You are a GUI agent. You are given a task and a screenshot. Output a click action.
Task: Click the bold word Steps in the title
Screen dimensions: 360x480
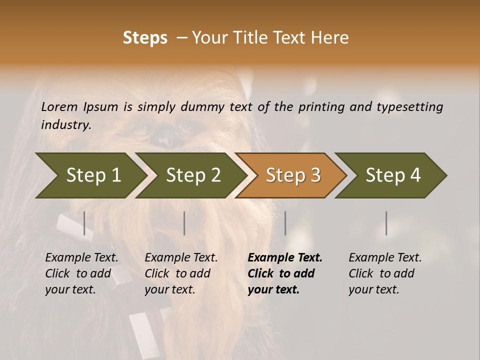click(x=145, y=38)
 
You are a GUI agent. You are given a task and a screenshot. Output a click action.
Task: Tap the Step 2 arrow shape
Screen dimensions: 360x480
click(x=190, y=175)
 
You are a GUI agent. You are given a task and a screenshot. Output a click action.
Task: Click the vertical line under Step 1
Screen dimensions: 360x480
click(x=84, y=223)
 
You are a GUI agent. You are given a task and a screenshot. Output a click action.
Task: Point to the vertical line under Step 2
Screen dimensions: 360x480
click(x=184, y=223)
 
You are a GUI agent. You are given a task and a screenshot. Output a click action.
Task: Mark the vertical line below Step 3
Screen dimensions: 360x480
click(x=285, y=223)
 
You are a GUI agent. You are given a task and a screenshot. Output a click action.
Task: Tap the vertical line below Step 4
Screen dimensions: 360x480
click(x=386, y=223)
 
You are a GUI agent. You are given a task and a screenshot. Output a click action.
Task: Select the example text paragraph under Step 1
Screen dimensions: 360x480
click(x=81, y=273)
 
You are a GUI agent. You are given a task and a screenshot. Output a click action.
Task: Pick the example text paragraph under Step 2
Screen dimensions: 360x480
click(x=181, y=273)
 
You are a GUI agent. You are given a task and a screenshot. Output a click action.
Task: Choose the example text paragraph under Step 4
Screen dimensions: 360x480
click(x=385, y=273)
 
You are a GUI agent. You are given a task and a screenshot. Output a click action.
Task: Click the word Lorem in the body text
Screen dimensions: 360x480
click(x=59, y=107)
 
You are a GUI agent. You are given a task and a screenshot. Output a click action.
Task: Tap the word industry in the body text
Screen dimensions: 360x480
click(x=65, y=125)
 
